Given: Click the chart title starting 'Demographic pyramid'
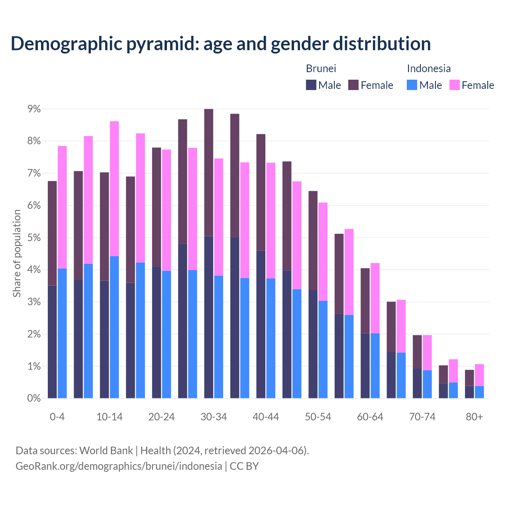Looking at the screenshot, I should point(221,43).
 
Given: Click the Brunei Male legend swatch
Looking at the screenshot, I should point(311,85).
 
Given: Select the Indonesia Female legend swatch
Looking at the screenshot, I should point(454,85).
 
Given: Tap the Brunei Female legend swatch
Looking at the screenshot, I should point(353,85).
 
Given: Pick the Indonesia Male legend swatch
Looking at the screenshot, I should point(412,85).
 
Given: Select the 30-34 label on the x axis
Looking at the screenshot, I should point(214,417).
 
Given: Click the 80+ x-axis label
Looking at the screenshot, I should point(474,417).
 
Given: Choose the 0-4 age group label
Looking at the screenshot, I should point(57,417).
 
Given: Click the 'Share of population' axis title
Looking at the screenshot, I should point(17,253).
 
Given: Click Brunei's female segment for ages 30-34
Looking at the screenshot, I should point(208,172).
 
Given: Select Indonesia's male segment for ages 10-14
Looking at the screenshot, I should point(114,327).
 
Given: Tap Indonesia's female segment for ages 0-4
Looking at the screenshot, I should point(62,207).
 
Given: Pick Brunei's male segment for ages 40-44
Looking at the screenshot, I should point(261,324).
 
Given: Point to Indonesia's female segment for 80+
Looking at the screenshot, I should point(479,375).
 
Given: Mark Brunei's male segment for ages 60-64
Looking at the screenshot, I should point(365,365).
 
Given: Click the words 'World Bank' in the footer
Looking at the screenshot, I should point(106,451).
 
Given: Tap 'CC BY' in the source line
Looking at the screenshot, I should point(244,466).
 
